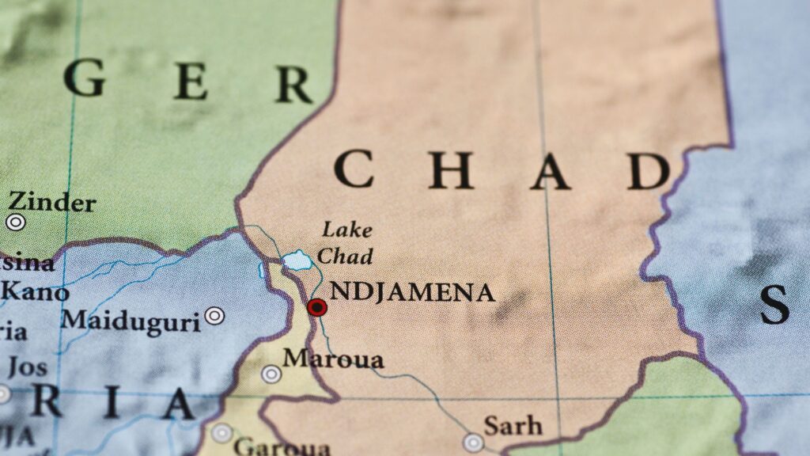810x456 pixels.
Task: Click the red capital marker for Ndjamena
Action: pos(317,307)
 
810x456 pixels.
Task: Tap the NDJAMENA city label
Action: pos(412,292)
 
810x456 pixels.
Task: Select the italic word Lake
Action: pos(346,230)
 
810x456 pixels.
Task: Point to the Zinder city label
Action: pos(51,202)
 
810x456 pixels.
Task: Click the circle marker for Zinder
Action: pos(15,222)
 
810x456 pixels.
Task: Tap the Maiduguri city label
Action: pos(131,321)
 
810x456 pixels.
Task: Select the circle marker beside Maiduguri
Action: pos(214,316)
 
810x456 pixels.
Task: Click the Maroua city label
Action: pos(333,359)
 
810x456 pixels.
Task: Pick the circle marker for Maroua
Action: pos(271,374)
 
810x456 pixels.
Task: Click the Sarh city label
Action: pos(513,426)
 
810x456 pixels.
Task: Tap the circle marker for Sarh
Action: pos(474,442)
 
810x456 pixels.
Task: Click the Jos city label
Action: pos(27,367)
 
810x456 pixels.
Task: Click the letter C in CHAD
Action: pos(353,169)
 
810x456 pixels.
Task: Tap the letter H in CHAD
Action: pos(451,170)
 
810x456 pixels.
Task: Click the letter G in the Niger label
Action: pos(85,78)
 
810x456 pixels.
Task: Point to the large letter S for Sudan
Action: pos(774,304)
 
